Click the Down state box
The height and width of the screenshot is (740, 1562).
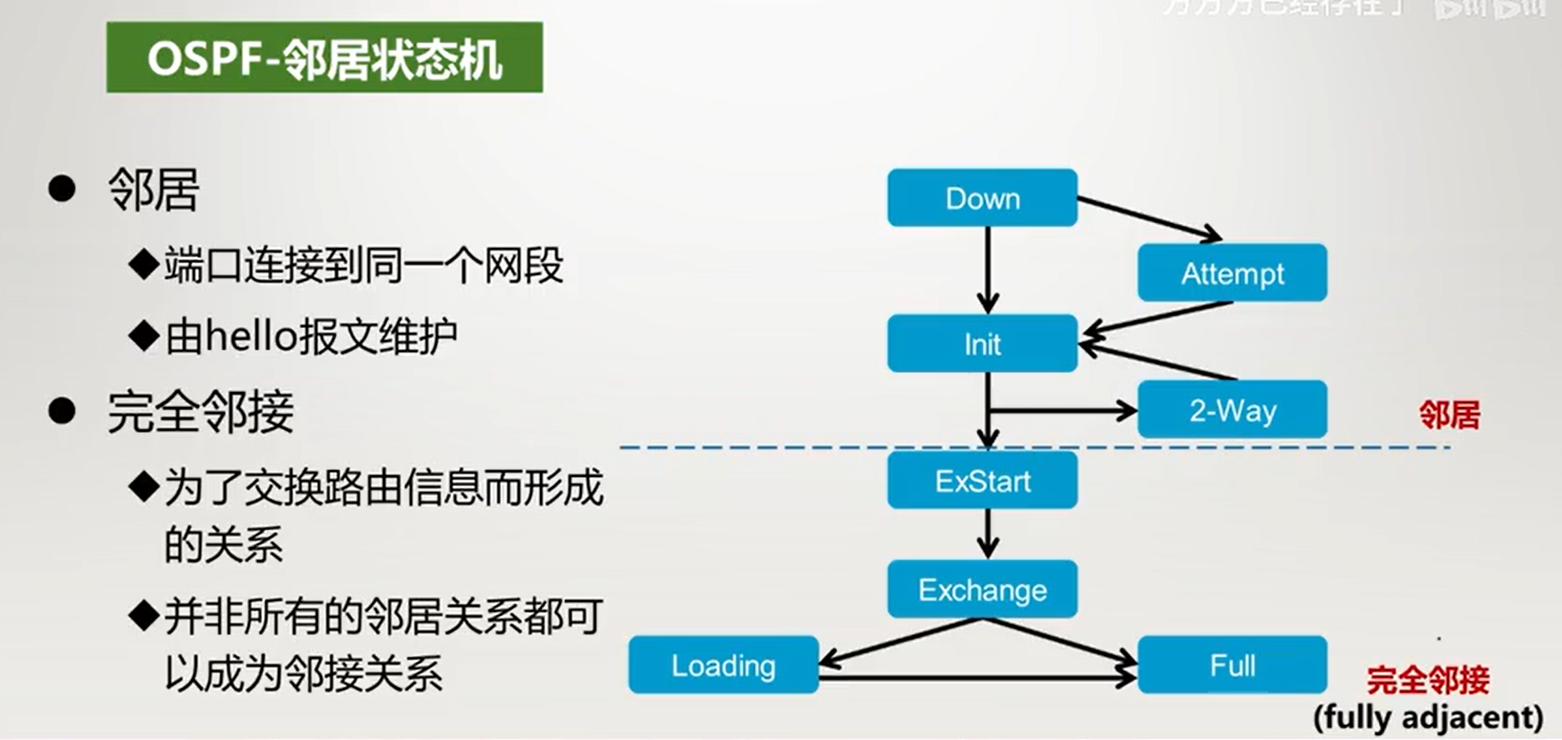982,198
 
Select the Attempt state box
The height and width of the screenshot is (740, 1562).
1232,273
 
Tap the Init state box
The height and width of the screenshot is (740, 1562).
982,344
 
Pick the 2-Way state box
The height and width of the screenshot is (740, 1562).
1232,410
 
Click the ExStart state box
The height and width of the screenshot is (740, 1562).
982,481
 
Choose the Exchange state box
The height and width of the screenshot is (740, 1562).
982,590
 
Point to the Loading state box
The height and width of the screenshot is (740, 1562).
723,665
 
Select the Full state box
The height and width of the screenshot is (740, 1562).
1232,665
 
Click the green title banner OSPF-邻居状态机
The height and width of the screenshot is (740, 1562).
325,58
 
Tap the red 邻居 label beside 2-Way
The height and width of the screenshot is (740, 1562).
1449,415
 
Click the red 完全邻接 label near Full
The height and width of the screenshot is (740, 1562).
1427,681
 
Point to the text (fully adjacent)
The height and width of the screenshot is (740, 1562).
1428,717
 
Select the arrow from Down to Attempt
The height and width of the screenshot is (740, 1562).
1148,218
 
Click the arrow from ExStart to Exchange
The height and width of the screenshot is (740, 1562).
988,534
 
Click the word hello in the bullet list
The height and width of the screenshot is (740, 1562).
251,336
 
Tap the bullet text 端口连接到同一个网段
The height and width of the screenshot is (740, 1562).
364,266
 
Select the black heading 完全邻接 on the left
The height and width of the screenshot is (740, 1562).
201,411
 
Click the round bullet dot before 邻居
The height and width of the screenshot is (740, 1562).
62,189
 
